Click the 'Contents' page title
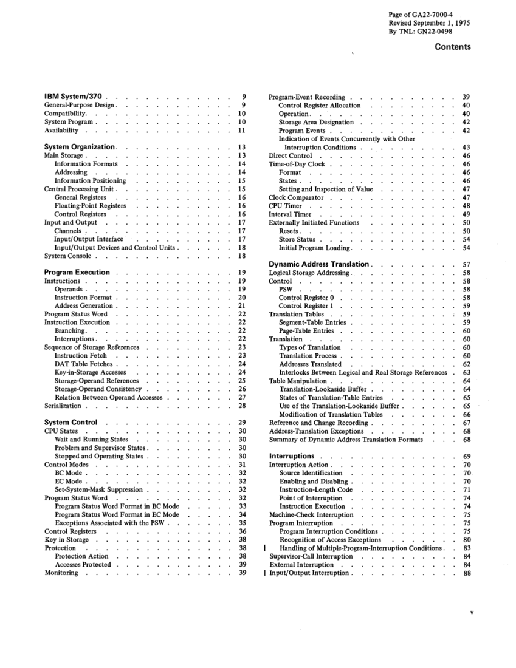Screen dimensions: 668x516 click(452, 47)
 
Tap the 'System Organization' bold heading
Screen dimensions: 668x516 click(80, 147)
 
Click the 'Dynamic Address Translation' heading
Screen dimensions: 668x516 click(319, 264)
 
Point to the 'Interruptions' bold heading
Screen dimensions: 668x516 click(291, 455)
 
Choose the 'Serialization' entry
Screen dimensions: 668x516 click(64, 406)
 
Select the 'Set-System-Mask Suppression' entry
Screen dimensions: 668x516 click(98, 489)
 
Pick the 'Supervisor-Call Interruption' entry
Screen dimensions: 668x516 click(309, 556)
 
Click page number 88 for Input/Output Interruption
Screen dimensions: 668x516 click(467, 573)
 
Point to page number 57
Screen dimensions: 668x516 click(467, 265)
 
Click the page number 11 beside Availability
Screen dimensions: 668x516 click(241, 131)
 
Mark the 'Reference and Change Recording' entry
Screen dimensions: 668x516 click(318, 423)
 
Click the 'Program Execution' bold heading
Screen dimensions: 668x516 click(77, 273)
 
